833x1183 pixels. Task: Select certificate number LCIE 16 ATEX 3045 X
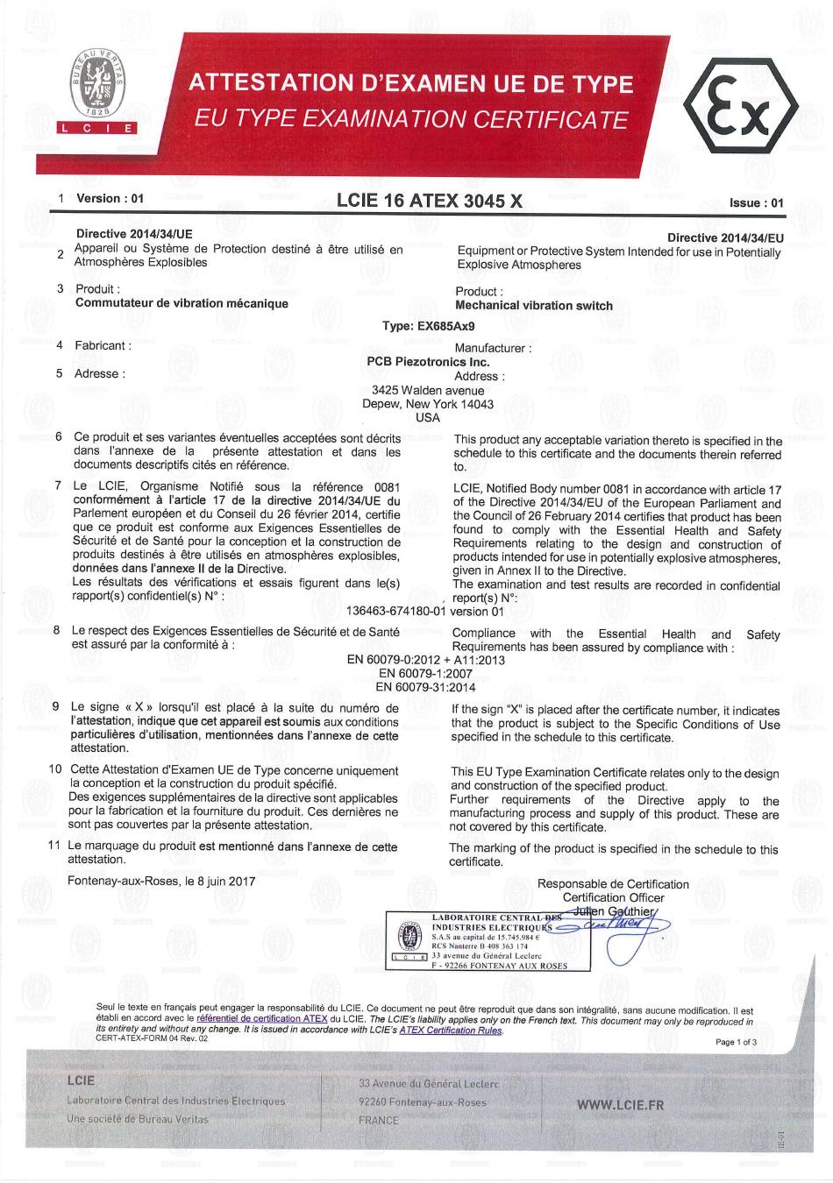coord(429,201)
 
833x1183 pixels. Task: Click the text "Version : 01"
coord(110,198)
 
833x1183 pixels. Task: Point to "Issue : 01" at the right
coord(756,203)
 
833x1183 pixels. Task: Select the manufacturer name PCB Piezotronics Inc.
coord(428,362)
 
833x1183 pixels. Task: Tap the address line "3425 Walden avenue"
coord(428,391)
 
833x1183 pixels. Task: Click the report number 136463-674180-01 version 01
coord(426,611)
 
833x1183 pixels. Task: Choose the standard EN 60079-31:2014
coord(425,687)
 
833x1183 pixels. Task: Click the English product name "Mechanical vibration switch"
coord(534,306)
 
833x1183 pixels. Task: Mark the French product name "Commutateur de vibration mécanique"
coord(182,303)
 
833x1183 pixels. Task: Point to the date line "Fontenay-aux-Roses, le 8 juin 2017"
coord(161,881)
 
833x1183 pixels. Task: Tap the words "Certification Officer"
coord(613,897)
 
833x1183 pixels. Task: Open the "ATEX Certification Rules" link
coord(451,1031)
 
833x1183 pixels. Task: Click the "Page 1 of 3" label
coord(736,1042)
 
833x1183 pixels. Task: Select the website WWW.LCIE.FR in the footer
coord(620,1105)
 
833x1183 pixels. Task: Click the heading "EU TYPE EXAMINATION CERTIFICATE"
coord(411,119)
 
